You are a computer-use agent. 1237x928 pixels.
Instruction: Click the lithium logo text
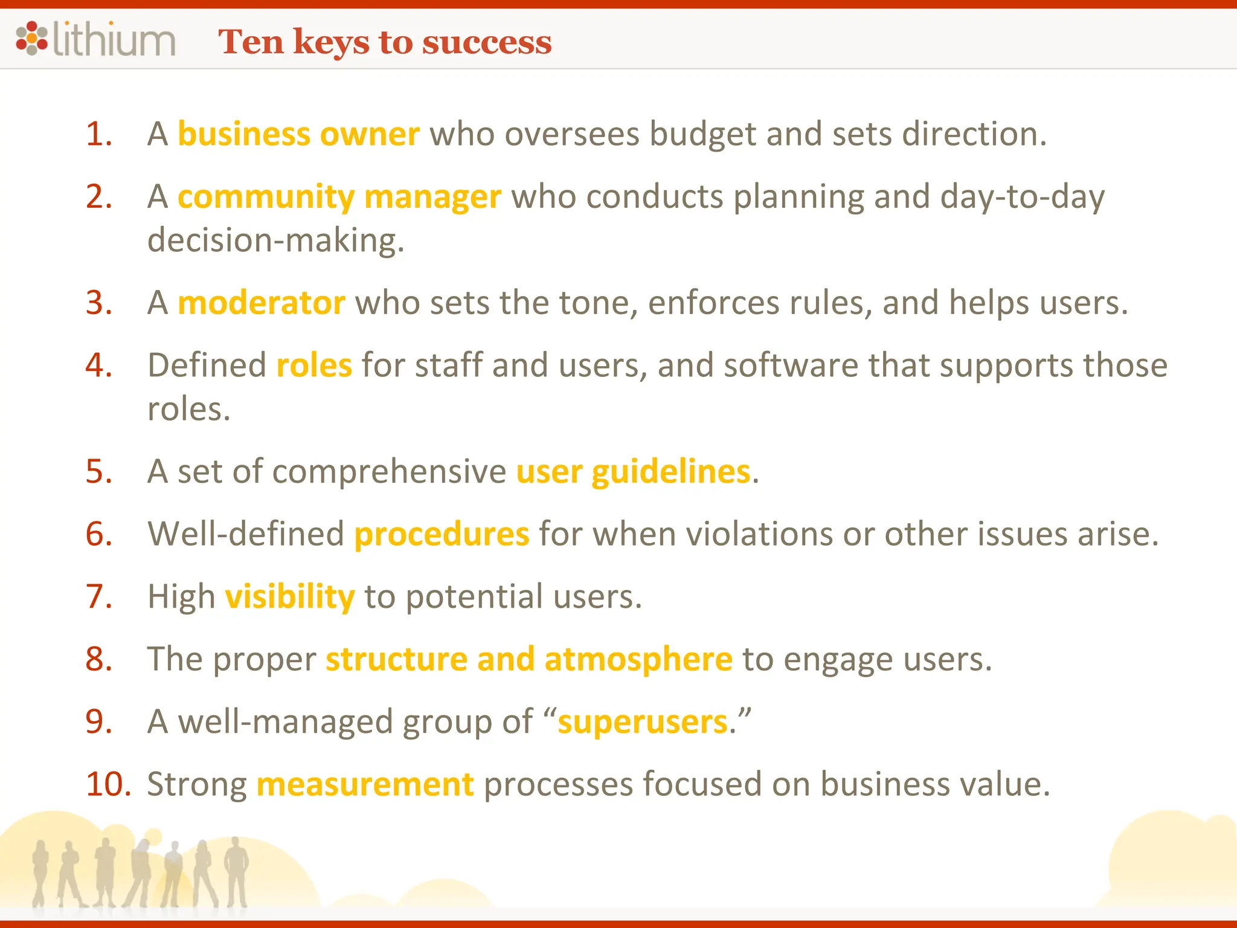[x=114, y=40]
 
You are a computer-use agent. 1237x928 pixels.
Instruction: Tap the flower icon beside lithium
[x=31, y=38]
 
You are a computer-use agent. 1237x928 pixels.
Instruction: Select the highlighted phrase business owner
[x=298, y=134]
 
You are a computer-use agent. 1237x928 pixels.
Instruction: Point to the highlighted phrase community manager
[x=339, y=197]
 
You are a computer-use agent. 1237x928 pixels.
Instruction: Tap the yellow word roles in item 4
[x=314, y=365]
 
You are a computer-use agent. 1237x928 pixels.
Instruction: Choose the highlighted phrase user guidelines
[x=633, y=471]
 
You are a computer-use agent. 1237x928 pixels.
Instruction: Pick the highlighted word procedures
[x=442, y=534]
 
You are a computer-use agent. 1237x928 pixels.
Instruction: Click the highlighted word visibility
[x=290, y=596]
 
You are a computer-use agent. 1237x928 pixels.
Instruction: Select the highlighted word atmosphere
[x=638, y=659]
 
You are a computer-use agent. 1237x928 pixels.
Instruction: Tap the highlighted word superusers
[x=643, y=721]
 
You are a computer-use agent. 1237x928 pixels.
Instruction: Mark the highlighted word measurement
[x=365, y=784]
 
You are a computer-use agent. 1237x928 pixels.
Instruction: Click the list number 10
[x=108, y=784]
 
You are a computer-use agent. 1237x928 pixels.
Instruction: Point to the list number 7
[x=99, y=596]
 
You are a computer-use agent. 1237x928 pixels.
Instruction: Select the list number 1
[x=99, y=134]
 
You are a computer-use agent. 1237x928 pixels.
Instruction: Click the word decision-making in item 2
[x=275, y=240]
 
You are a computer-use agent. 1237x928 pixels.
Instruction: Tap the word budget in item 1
[x=702, y=134]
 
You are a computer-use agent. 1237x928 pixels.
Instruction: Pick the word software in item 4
[x=791, y=365]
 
